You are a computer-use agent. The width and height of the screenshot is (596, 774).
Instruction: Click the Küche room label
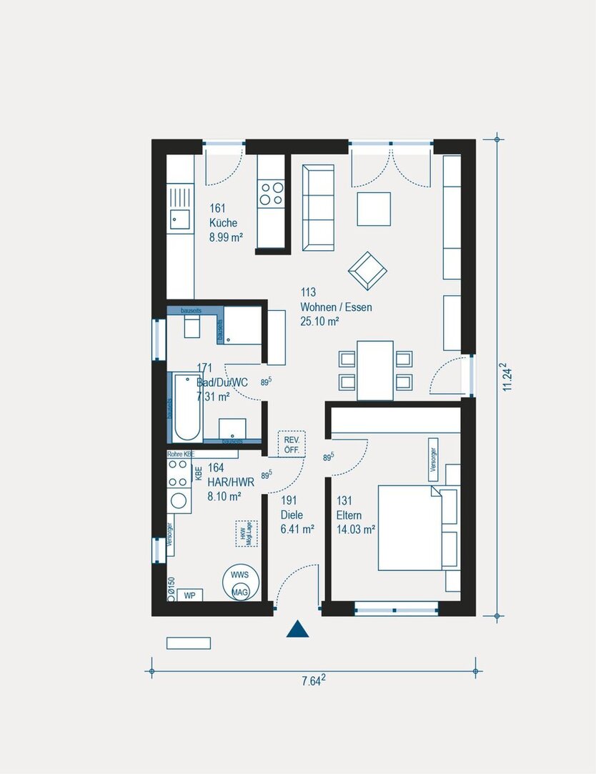223,223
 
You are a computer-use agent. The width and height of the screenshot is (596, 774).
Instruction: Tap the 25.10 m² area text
319,322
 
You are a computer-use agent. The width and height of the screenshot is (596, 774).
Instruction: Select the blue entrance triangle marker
297,629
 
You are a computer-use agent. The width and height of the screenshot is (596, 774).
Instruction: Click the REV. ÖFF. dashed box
291,444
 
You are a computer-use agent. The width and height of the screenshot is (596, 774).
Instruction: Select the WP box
189,595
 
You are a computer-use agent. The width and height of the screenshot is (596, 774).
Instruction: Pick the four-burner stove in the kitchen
271,193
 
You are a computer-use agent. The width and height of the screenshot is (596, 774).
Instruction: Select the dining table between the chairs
375,370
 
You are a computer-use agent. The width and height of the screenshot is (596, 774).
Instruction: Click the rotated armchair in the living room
367,271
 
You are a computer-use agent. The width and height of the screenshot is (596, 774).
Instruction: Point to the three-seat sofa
318,207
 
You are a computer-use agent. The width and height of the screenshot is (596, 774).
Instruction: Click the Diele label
292,515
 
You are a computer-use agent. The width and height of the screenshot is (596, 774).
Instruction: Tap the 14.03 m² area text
356,530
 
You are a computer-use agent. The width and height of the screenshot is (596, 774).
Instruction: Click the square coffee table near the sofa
374,209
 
